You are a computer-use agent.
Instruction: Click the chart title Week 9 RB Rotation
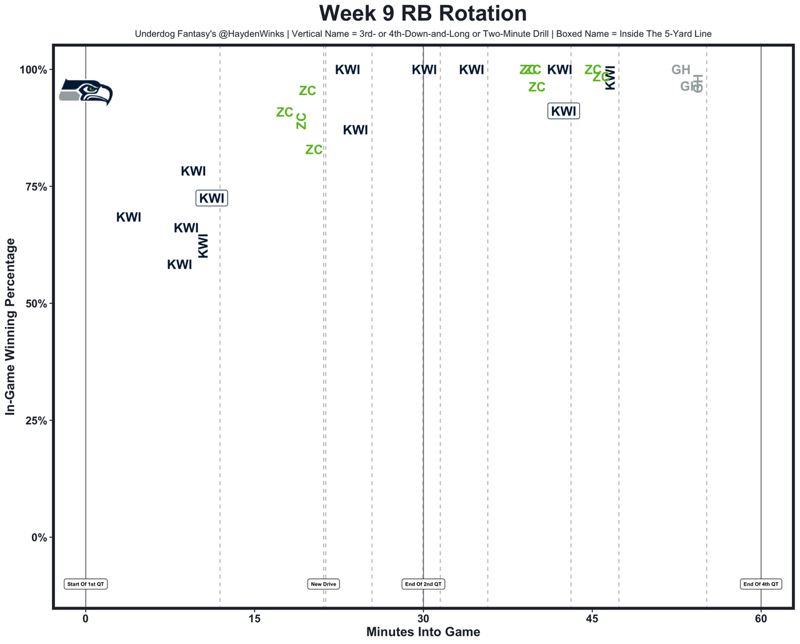click(422, 13)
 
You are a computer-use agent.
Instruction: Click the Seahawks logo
click(86, 92)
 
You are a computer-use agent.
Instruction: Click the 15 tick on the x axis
click(254, 619)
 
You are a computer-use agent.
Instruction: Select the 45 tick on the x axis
click(592, 619)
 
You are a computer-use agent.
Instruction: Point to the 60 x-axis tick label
click(761, 619)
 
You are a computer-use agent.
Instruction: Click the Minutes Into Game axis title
click(423, 632)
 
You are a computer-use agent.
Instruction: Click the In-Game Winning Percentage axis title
click(10, 326)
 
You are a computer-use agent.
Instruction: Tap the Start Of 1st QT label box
click(86, 584)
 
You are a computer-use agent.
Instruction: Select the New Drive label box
click(324, 584)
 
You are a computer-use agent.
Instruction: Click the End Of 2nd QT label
click(423, 584)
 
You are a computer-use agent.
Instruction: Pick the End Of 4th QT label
click(761, 584)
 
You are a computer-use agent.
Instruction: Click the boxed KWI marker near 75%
click(211, 198)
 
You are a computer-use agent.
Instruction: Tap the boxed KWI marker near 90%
click(564, 111)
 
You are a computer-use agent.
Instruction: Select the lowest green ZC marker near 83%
click(314, 149)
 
